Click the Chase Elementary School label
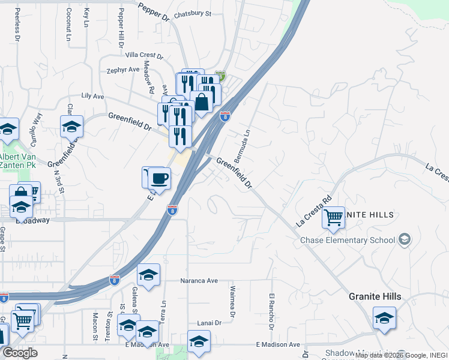click(348, 241)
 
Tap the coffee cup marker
click(160, 178)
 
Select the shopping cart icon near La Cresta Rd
click(333, 217)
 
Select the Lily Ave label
click(92, 96)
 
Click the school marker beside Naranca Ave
click(149, 275)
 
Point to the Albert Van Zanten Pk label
click(20, 161)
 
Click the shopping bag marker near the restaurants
click(202, 101)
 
